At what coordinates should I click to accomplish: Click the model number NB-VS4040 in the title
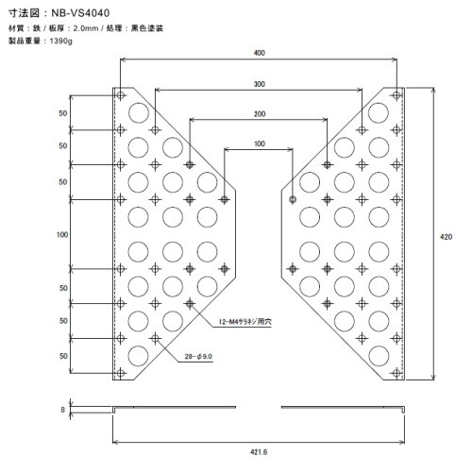[80, 13]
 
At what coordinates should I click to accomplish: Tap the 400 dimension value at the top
[260, 53]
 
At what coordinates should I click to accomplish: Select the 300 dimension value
[260, 84]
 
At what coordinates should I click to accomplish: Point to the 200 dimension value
[260, 114]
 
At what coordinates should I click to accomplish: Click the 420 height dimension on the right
[446, 237]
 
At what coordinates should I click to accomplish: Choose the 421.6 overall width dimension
[259, 452]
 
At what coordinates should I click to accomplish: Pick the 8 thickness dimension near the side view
[63, 410]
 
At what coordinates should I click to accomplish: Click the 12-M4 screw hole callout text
[244, 322]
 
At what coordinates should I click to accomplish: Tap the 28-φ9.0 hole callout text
[198, 356]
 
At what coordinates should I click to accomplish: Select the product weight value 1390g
[61, 41]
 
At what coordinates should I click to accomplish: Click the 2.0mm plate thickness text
[86, 28]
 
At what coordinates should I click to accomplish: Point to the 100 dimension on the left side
[62, 234]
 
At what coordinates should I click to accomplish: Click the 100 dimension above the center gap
[260, 143]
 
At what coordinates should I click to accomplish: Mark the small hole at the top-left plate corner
[121, 95]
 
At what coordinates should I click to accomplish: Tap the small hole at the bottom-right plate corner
[396, 373]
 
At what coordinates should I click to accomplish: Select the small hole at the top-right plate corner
[396, 95]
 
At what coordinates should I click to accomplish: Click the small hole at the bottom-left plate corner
[121, 373]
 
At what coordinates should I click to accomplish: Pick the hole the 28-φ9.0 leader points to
[155, 338]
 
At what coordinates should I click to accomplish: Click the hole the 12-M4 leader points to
[190, 304]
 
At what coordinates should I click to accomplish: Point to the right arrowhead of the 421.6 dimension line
[402, 443]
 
